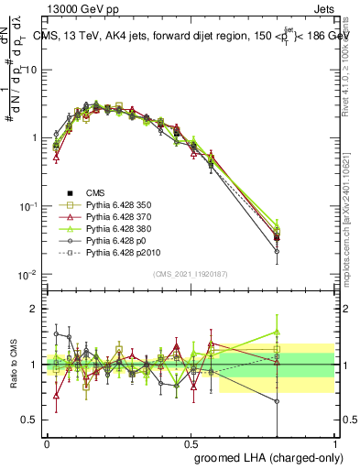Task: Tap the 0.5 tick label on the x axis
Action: tap(191, 441)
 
